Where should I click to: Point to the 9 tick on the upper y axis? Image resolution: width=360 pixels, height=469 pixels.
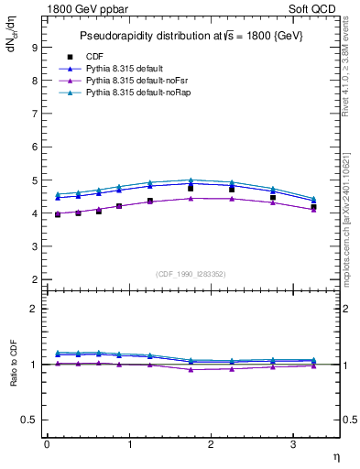coord(34,48)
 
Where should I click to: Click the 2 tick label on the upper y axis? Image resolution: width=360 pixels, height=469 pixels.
coord(34,279)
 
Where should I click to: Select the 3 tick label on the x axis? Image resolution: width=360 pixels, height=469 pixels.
coord(293,444)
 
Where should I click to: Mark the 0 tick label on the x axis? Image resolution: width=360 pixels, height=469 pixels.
coord(47,444)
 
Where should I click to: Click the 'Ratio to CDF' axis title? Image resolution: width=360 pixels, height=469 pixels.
coord(14,380)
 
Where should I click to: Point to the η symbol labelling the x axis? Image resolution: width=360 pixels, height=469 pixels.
coord(335,456)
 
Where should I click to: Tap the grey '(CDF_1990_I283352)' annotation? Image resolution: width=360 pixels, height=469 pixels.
coord(191,272)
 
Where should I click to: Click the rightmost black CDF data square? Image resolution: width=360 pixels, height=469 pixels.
coord(313,207)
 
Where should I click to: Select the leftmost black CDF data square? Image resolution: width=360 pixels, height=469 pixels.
coord(58,214)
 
